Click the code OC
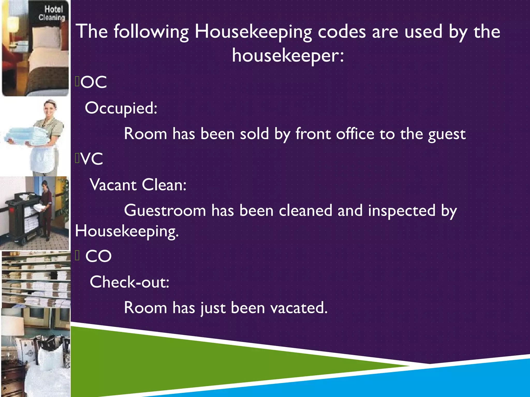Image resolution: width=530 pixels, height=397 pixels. point(94,82)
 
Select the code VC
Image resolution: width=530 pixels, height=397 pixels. point(92,159)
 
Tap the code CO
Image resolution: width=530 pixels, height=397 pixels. point(98,256)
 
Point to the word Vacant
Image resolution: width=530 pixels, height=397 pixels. point(113,185)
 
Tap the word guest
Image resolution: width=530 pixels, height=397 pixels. point(447,134)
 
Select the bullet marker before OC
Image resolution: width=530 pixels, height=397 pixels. point(77,82)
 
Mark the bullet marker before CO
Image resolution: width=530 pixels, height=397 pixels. point(77,256)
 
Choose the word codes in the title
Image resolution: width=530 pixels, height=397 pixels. point(342,32)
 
